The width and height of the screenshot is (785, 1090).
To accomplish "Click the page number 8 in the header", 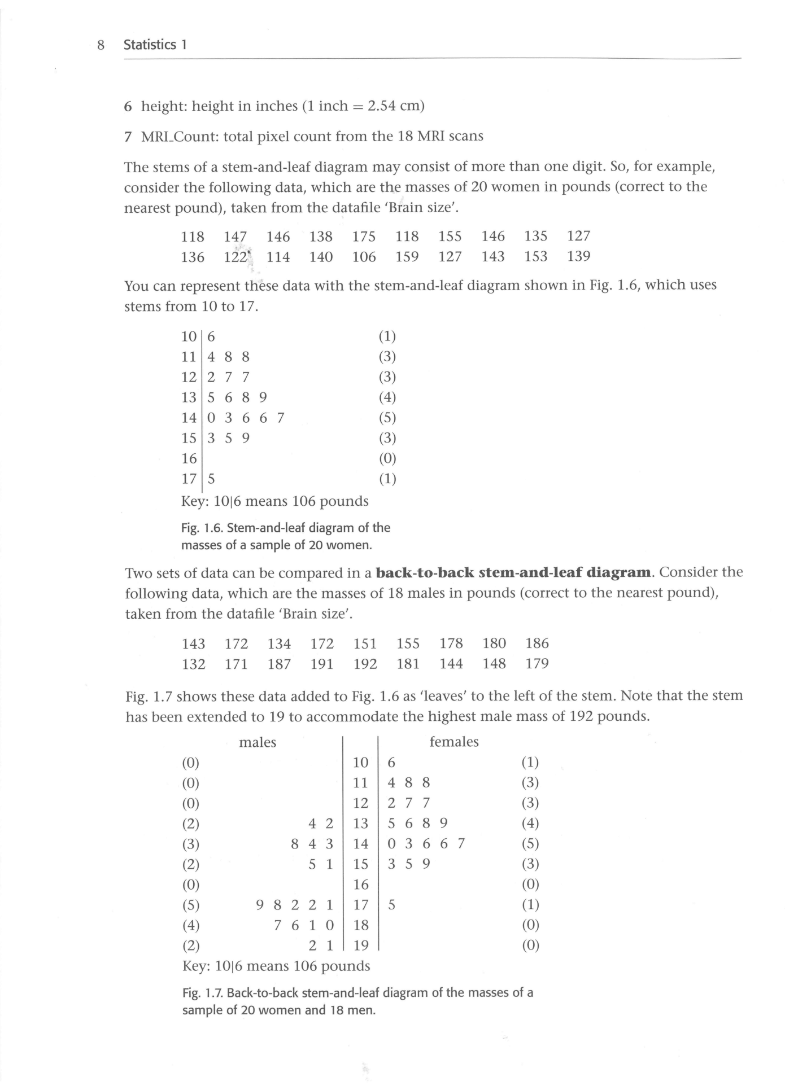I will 101,45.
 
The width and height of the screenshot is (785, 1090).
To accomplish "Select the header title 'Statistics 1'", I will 155,45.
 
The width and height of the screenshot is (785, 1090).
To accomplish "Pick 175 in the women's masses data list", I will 364,237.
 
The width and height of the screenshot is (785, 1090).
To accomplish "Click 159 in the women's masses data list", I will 407,257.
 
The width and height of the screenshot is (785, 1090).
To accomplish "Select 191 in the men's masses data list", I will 322,664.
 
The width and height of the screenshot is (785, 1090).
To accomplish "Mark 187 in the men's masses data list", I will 280,664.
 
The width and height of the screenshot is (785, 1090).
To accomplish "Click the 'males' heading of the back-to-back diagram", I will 258,742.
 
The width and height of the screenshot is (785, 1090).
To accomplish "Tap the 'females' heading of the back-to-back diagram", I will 454,742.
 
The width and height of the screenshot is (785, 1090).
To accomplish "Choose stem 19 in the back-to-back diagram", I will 360,945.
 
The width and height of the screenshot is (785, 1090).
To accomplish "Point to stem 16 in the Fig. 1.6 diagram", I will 189,458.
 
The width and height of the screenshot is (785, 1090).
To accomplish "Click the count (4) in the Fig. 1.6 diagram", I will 387,397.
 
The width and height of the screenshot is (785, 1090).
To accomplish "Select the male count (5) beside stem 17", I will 191,905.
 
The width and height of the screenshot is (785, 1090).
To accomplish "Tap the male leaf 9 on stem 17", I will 260,905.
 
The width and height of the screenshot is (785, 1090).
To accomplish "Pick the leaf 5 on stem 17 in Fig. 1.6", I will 211,479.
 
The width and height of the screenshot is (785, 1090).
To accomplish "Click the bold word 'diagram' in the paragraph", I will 619,572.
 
